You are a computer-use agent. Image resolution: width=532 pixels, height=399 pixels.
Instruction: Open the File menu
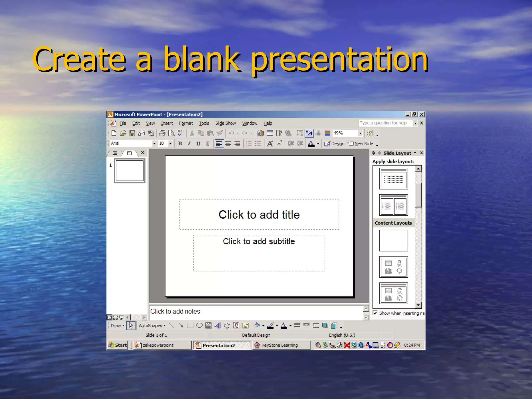click(123, 123)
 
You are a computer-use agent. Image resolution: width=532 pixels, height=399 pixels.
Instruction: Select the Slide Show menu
click(225, 123)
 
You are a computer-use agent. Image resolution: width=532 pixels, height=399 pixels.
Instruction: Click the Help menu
click(268, 123)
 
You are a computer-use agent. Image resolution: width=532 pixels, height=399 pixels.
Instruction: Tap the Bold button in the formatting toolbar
click(180, 144)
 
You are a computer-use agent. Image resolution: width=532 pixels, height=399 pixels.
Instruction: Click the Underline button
click(198, 144)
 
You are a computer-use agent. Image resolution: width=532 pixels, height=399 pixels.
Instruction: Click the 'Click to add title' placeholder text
click(259, 215)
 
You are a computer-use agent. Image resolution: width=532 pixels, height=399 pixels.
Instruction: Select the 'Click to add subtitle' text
click(259, 241)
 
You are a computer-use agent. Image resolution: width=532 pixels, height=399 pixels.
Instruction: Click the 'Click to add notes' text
click(175, 311)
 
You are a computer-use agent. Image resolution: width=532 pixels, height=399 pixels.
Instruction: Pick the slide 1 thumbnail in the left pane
click(130, 171)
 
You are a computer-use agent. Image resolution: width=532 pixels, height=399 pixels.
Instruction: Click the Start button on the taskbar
click(118, 345)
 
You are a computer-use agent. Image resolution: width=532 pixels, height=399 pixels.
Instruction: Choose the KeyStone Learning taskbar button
click(279, 345)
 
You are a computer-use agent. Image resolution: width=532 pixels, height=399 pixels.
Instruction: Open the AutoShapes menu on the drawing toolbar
click(152, 326)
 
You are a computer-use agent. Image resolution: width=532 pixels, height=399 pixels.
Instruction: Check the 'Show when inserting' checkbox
click(375, 313)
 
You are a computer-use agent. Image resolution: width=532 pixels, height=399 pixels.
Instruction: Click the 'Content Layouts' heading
click(393, 223)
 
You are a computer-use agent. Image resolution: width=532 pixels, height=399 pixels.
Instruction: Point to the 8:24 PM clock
click(412, 345)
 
